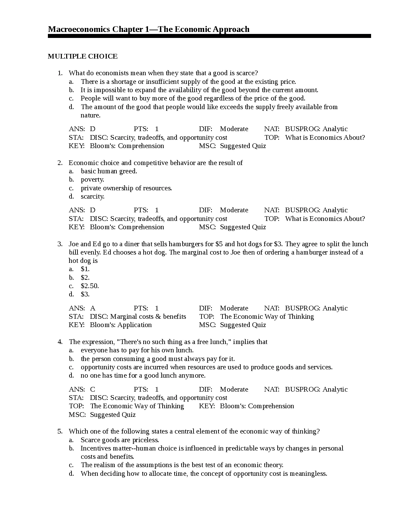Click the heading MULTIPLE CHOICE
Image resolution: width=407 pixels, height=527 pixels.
82,56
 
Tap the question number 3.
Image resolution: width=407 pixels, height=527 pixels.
60,244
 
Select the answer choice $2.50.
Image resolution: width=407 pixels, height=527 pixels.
90,286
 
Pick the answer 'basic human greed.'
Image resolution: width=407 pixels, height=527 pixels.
109,171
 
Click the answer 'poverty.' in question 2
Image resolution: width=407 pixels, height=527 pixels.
92,179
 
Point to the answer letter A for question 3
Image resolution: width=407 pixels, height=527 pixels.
92,308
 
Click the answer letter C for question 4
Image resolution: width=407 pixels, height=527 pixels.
92,389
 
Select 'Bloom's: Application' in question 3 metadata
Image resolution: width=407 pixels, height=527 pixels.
121,325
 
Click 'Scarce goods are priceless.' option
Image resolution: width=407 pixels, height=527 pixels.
120,440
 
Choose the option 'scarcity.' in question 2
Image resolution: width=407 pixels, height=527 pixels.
92,196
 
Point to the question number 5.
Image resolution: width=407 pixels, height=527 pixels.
60,431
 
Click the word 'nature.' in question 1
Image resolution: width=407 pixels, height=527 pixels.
90,115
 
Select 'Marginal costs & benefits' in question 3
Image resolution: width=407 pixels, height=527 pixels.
148,316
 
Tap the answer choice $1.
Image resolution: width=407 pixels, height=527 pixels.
85,269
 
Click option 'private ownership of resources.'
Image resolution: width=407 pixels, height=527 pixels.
126,188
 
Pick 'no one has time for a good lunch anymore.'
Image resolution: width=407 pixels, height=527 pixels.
143,375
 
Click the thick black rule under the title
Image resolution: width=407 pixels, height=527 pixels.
209,36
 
